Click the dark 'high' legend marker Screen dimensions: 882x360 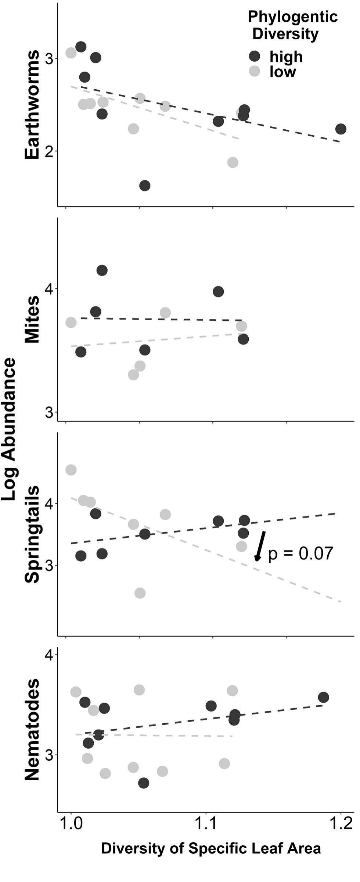pyautogui.click(x=254, y=56)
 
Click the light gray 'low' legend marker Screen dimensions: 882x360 pyautogui.click(x=254, y=71)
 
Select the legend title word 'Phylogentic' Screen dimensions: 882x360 pyautogui.click(x=292, y=17)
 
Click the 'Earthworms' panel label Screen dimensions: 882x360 pyautogui.click(x=32, y=104)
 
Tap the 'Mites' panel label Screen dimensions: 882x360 pyautogui.click(x=32, y=319)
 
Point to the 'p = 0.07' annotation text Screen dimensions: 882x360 pyautogui.click(x=300, y=554)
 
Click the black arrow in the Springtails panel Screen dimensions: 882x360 pyautogui.click(x=260, y=546)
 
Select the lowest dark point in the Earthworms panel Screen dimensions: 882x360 pyautogui.click(x=145, y=186)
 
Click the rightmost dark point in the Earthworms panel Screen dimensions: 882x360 pyautogui.click(x=341, y=129)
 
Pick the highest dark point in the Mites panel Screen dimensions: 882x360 pyautogui.click(x=102, y=270)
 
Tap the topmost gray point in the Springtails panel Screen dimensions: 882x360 pyautogui.click(x=71, y=469)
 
